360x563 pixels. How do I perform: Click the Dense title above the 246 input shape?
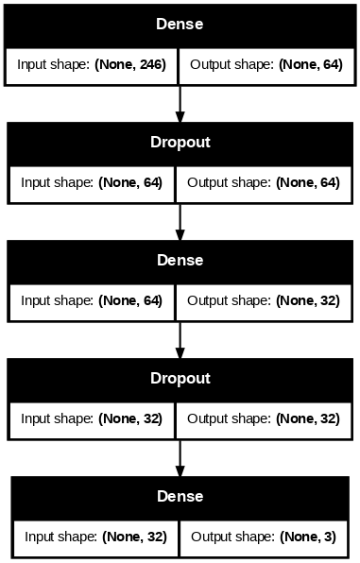180,24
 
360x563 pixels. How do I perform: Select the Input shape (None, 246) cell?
92,64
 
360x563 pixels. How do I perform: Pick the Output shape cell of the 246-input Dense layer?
266,64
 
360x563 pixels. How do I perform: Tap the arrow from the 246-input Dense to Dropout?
180,104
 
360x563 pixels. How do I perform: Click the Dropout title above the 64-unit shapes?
180,143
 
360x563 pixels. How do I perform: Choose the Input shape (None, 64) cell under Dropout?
92,182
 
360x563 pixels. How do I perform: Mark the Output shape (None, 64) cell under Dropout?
264,182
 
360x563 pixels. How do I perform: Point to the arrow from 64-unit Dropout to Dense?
180,222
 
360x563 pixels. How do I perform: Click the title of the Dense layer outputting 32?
180,261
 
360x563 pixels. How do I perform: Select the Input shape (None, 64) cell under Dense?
92,301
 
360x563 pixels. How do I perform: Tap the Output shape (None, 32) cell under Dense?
264,301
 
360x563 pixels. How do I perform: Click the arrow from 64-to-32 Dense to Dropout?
180,340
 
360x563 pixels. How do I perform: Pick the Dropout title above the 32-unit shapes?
180,379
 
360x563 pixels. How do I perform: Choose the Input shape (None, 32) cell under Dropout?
92,419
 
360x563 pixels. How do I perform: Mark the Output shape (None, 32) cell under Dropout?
264,419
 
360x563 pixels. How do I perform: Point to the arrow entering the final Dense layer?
180,458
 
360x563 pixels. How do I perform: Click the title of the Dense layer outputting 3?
180,497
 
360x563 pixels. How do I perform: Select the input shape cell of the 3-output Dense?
95,537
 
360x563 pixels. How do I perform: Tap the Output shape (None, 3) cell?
264,537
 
